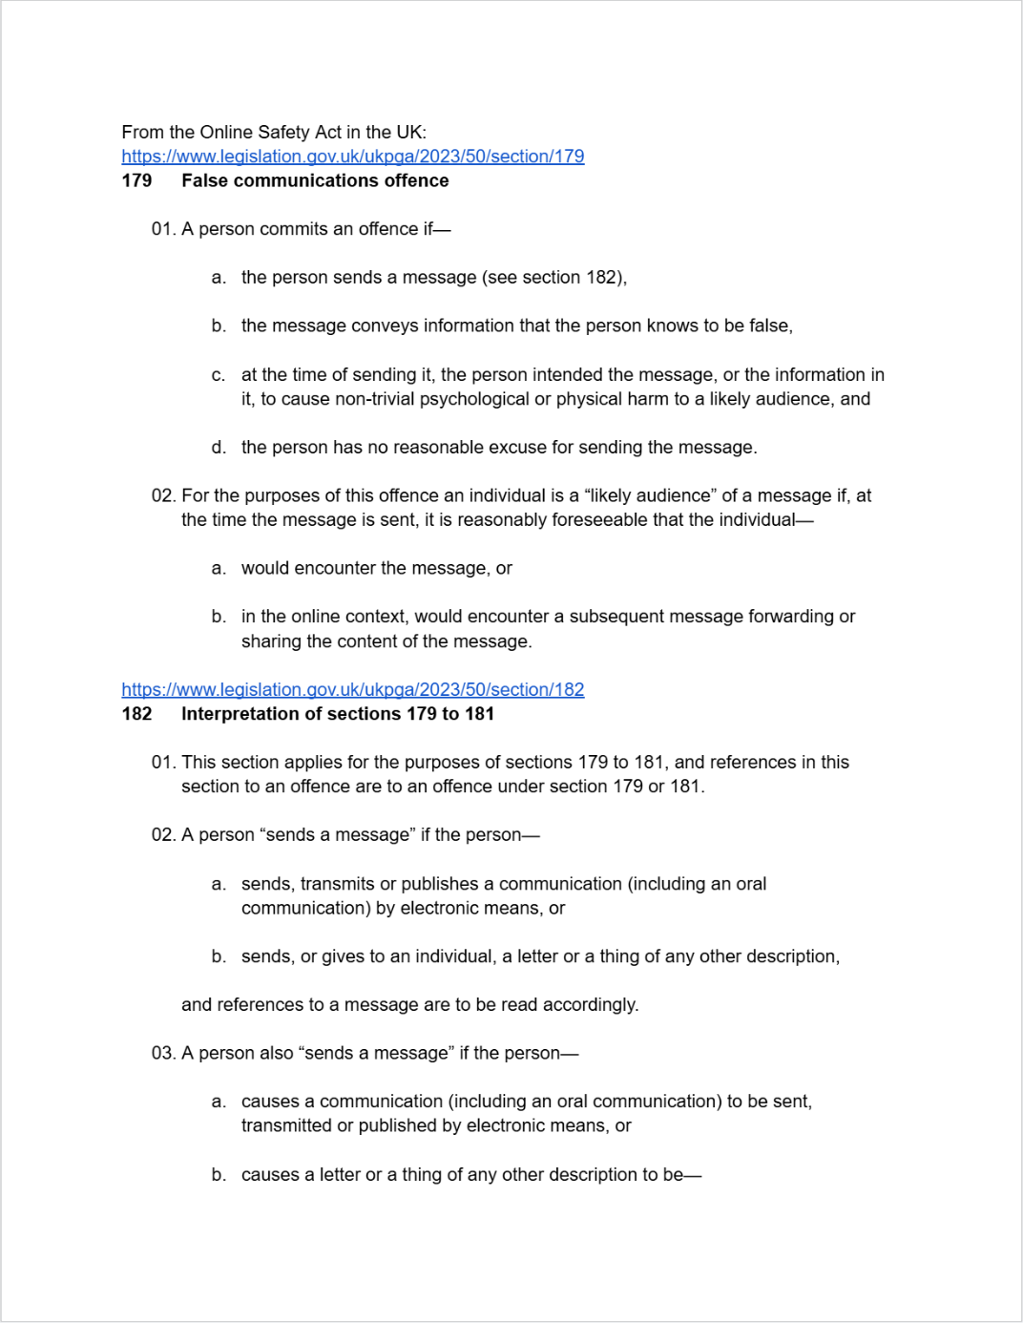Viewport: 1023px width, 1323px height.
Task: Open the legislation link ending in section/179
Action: click(x=352, y=157)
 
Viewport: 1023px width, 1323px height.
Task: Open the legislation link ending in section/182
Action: click(x=352, y=689)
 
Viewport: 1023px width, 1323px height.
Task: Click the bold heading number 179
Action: click(x=136, y=180)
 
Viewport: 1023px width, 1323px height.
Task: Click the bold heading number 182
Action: click(x=136, y=714)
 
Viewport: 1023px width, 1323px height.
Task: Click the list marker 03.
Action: click(x=163, y=1053)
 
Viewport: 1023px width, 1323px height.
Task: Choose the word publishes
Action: click(x=440, y=884)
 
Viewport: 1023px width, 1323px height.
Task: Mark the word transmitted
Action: click(x=285, y=1125)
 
